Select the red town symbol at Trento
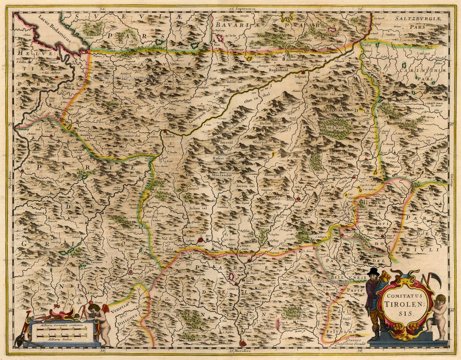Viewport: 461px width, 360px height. [243, 343]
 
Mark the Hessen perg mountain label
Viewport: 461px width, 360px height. [270, 124]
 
